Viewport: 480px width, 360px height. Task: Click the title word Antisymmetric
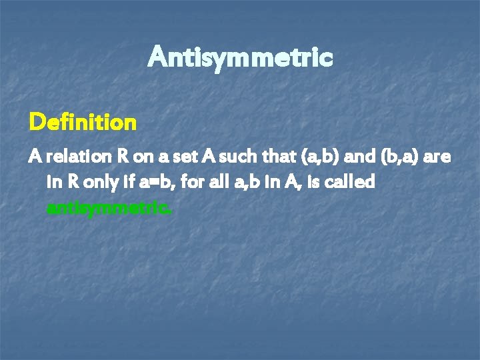coord(240,58)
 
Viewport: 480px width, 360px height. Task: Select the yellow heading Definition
coord(83,123)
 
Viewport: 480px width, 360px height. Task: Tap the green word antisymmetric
coord(109,208)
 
